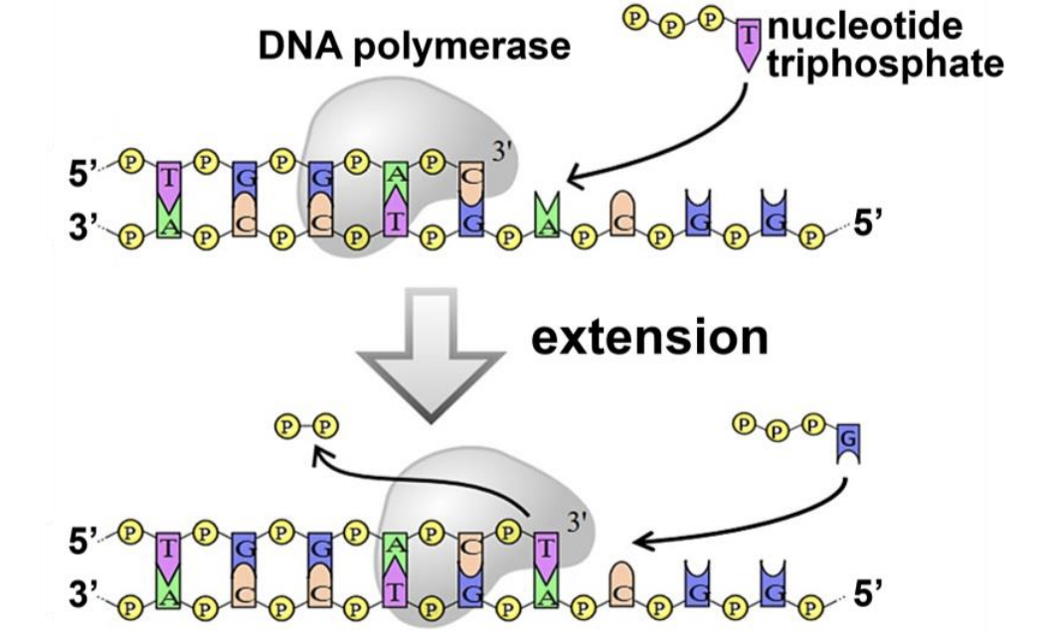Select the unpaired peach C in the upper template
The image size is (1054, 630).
[622, 212]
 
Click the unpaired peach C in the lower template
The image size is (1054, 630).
[622, 580]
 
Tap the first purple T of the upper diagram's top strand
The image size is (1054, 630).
[170, 179]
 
